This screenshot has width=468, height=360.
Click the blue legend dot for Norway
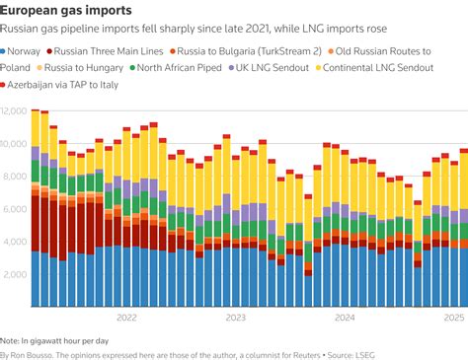[x=6, y=49]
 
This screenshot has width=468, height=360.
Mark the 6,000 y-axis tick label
[x=16, y=209]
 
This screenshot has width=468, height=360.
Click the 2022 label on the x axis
[x=126, y=318]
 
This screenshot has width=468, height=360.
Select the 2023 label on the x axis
[x=235, y=318]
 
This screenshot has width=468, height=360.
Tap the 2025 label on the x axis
[x=453, y=318]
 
